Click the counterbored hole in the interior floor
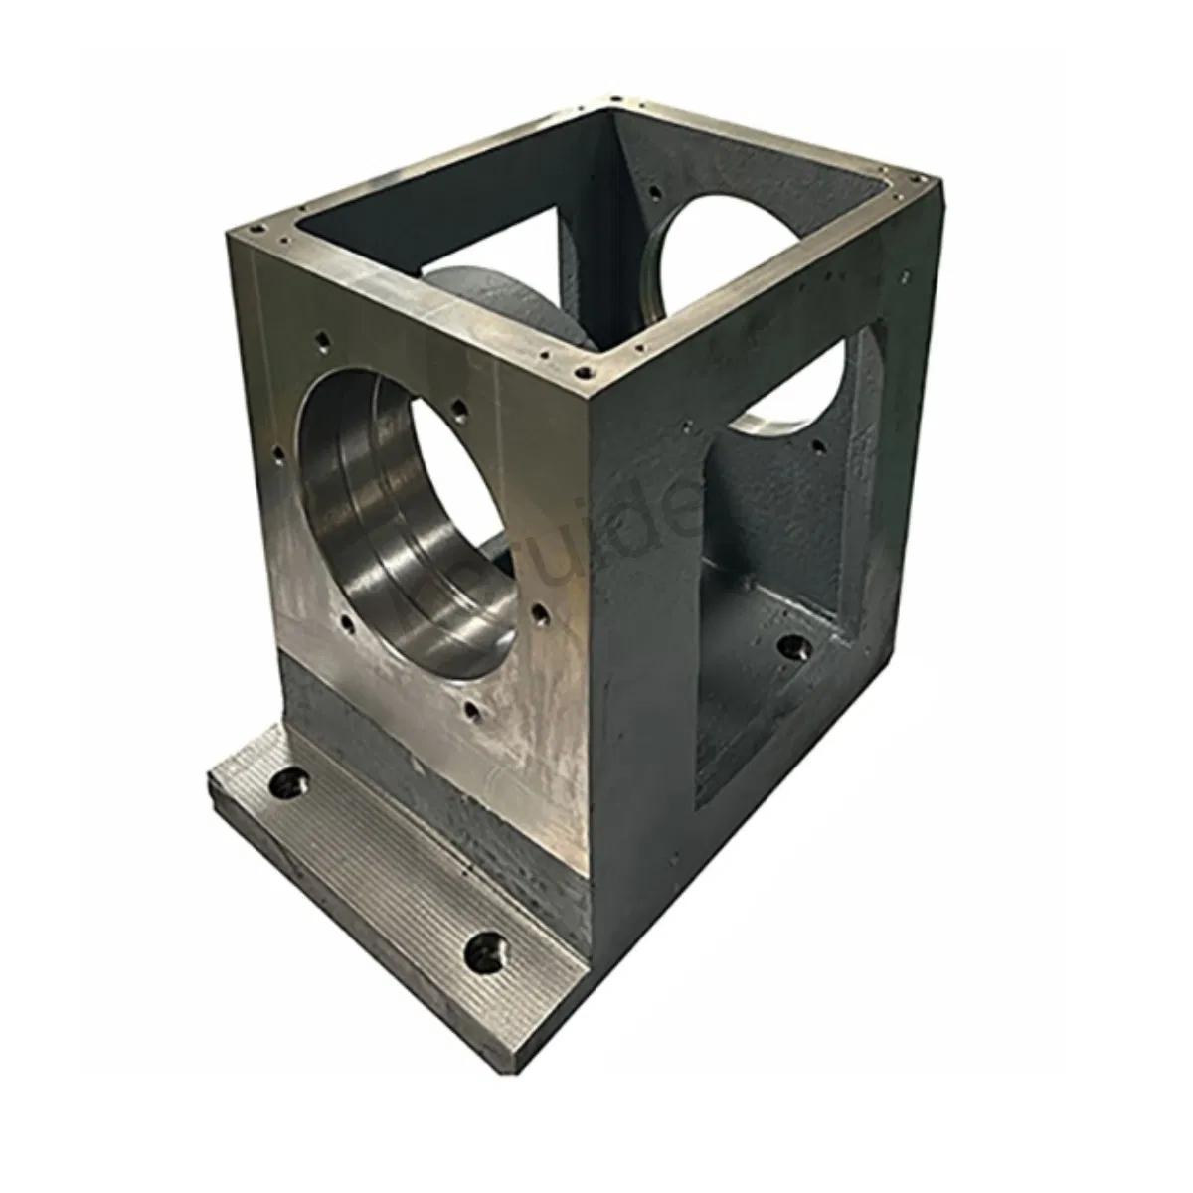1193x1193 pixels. [792, 648]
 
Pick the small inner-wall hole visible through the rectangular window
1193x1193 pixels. [817, 446]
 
